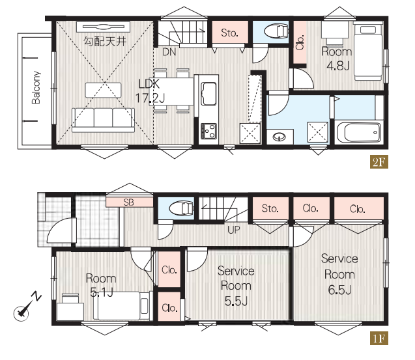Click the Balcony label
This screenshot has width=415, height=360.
point(36,87)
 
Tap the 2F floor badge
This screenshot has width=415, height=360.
point(379,161)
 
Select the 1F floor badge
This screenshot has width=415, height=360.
point(379,339)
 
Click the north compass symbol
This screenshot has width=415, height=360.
point(27,306)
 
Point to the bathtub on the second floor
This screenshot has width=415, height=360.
point(358,133)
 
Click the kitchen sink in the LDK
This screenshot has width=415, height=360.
point(208,94)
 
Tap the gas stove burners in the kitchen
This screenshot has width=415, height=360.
point(209,131)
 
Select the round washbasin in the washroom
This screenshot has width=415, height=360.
point(279,137)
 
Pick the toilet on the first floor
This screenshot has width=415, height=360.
point(182,208)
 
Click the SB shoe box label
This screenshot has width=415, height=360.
point(128,202)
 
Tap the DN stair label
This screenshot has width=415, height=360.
point(169,52)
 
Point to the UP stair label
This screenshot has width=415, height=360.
point(234,230)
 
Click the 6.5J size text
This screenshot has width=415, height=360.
point(339,290)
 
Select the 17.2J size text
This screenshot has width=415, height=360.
point(150,98)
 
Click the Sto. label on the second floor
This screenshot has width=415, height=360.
point(229,33)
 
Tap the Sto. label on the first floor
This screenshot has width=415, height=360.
point(270,209)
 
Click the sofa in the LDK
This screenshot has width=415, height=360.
point(103,120)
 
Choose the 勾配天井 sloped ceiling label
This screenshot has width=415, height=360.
point(105,42)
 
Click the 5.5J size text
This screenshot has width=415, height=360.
point(236,301)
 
